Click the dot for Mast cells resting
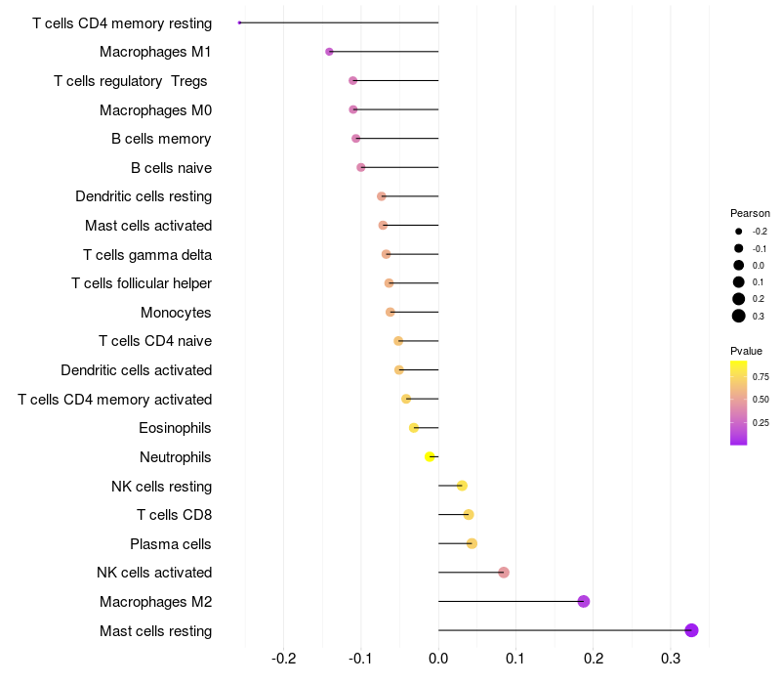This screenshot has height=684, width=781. point(691,630)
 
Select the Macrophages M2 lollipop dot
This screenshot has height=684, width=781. point(584,601)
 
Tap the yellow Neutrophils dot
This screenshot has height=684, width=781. point(430,456)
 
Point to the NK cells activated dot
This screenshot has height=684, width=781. point(504,573)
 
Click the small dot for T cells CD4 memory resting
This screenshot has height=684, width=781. point(240,22)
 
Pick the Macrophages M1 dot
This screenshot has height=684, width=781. point(329,52)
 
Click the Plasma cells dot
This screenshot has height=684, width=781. point(472,543)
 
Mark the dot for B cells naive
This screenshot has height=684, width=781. point(361,167)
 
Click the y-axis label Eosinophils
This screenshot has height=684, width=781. point(175,428)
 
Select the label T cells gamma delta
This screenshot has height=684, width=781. point(147,255)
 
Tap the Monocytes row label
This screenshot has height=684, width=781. point(176,313)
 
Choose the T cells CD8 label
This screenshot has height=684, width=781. point(174,515)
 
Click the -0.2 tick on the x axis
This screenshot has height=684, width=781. point(283,659)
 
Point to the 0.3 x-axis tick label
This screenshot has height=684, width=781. point(671,659)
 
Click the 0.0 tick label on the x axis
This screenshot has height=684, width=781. point(438,659)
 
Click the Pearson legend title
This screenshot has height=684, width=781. point(750,213)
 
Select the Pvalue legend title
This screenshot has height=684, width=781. point(746,351)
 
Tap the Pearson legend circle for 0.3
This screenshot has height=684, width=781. point(739,316)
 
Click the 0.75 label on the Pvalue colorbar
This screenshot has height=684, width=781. point(760,376)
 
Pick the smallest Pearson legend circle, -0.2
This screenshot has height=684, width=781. point(739,232)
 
